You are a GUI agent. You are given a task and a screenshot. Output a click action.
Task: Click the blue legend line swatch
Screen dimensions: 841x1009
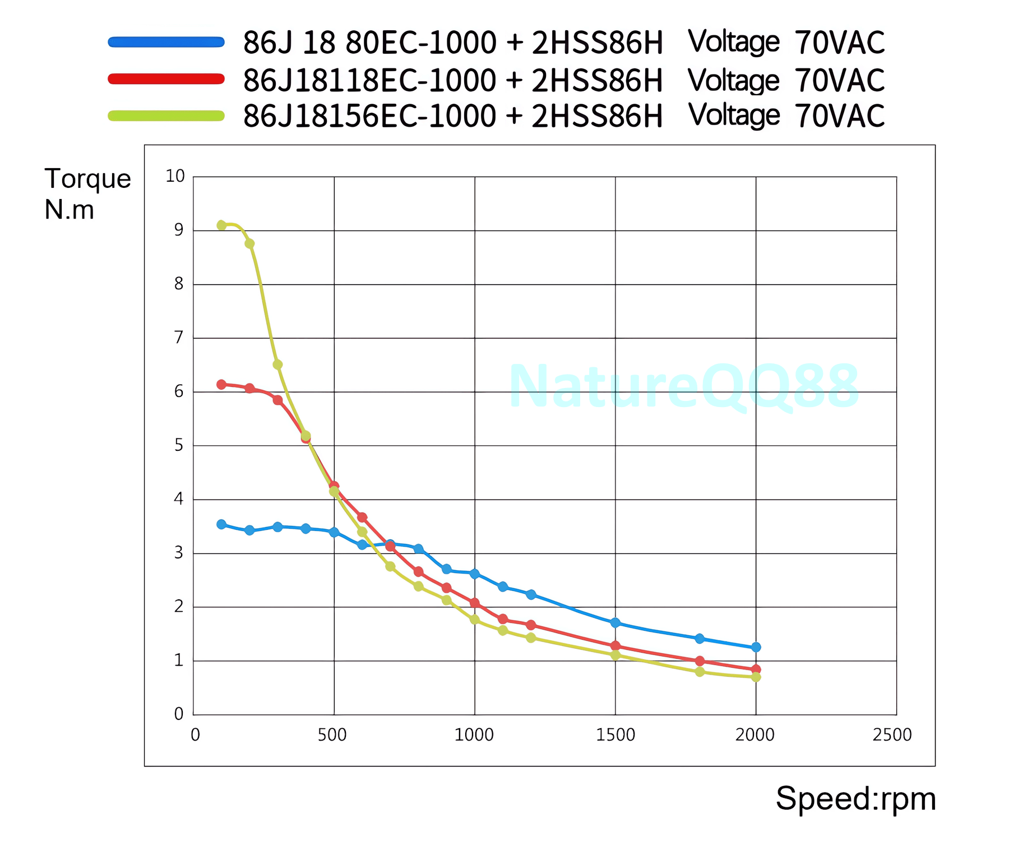coord(166,42)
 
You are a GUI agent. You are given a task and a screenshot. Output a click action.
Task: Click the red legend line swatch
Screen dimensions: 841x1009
coord(166,79)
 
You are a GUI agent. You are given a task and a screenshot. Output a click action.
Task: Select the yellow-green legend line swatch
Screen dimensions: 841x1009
coord(166,116)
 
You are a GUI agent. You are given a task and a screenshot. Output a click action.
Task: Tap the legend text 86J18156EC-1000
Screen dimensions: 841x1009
coord(370,116)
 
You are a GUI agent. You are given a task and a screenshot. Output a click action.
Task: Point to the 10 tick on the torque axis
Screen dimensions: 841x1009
coord(175,176)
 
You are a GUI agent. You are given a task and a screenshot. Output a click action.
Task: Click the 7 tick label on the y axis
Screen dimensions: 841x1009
coord(179,338)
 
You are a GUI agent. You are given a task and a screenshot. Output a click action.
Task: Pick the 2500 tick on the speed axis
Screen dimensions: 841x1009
coord(892,734)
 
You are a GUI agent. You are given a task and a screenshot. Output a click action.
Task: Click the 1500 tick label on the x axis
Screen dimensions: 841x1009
coord(615,734)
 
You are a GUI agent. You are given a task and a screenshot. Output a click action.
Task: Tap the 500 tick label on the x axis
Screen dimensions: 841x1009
coord(332,734)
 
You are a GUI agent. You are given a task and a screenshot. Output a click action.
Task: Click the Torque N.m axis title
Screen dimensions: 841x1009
coord(87,194)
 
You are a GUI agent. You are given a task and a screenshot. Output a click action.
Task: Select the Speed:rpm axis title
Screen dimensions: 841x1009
coord(855,798)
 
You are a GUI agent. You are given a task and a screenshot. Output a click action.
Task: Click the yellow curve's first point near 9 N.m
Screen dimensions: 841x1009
coord(221,225)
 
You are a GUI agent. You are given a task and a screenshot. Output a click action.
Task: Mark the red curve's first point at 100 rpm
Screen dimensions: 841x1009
coord(221,385)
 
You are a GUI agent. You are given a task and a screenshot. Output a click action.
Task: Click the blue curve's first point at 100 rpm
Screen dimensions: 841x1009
coord(221,524)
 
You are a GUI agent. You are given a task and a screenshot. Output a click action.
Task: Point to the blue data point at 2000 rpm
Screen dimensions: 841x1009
coord(756,647)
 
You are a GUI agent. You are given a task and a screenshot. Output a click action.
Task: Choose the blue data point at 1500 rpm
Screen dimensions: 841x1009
coord(615,623)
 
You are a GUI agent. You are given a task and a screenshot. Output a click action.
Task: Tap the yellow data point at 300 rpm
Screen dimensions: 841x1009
coord(277,364)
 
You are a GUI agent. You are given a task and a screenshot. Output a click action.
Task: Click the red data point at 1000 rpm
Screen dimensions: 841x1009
coord(475,603)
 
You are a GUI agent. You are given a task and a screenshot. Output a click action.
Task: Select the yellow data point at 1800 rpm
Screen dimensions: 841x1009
coord(700,671)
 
